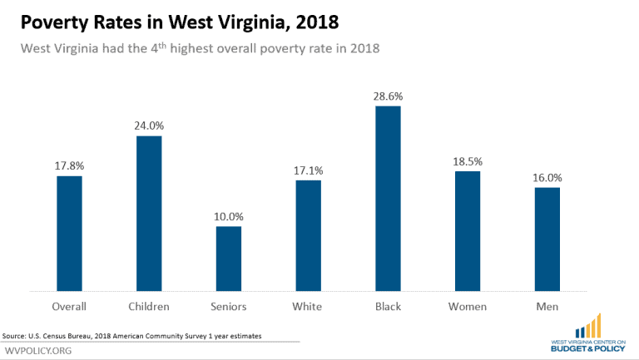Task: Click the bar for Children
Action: coord(149,214)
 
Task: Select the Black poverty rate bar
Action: coord(388,199)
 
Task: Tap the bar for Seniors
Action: coord(229,259)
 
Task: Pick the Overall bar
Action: coord(69,234)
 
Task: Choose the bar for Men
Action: coord(547,239)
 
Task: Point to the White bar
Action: coord(308,235)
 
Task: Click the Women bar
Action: coord(468,231)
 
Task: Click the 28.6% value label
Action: coord(388,96)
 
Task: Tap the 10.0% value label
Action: coord(229,217)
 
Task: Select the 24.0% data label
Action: coord(149,126)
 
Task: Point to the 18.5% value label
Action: coord(468,161)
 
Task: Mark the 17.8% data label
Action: coord(69,166)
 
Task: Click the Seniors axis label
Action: coord(229,307)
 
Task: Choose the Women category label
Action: coord(468,307)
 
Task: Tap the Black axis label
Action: coord(388,307)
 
